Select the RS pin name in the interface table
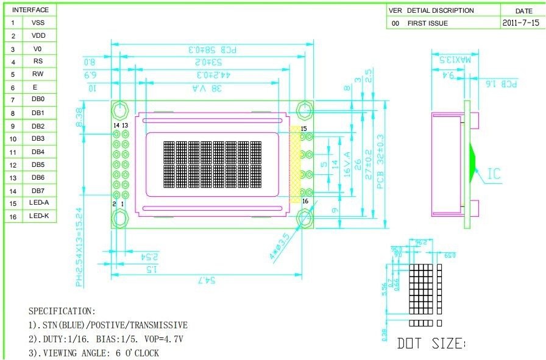(38, 61)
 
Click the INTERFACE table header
(30, 10)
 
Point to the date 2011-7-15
(521, 23)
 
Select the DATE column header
(523, 11)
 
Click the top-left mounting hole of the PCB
(120, 110)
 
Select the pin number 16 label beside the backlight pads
(305, 201)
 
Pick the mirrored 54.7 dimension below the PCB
(207, 280)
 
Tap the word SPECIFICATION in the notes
(62, 311)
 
